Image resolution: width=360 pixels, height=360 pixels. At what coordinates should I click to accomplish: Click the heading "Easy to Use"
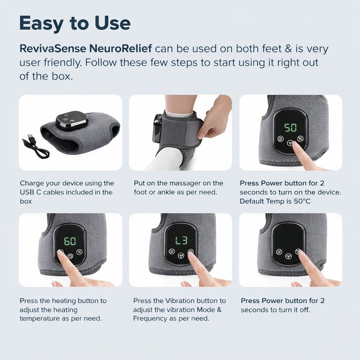(x=75, y=23)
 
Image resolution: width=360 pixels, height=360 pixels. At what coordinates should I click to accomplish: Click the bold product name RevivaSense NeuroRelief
(x=86, y=48)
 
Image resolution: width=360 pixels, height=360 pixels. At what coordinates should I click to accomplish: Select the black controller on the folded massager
(x=72, y=119)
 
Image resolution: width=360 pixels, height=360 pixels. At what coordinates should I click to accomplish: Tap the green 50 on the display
(x=290, y=127)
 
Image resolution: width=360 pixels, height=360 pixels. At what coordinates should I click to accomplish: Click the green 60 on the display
(x=70, y=241)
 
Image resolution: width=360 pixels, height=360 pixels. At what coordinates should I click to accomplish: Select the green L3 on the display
(x=181, y=240)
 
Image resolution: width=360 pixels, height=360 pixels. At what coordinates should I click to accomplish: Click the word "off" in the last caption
(x=304, y=310)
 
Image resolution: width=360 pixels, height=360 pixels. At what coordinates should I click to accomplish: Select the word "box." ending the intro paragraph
(x=62, y=76)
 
